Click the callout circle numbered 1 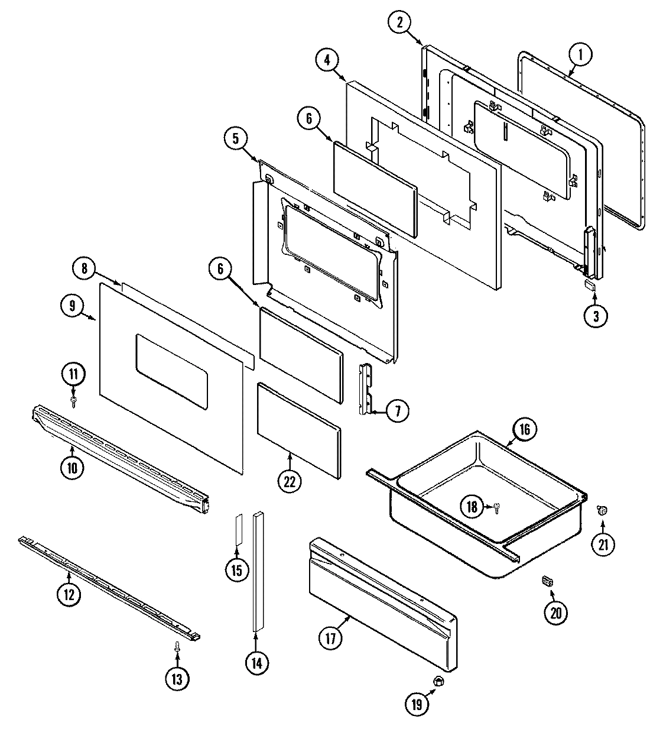pyautogui.click(x=580, y=56)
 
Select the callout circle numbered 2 pyautogui.click(x=399, y=23)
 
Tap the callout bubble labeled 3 pyautogui.click(x=595, y=316)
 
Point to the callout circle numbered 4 pyautogui.click(x=327, y=60)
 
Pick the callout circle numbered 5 pyautogui.click(x=236, y=140)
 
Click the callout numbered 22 pyautogui.click(x=289, y=481)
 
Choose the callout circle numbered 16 pyautogui.click(x=525, y=430)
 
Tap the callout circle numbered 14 pyautogui.click(x=256, y=662)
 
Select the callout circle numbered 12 pyautogui.click(x=69, y=594)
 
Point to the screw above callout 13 pyautogui.click(x=177, y=649)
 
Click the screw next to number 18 pyautogui.click(x=497, y=507)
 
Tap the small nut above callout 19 pyautogui.click(x=439, y=682)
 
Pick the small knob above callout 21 pyautogui.click(x=602, y=510)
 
